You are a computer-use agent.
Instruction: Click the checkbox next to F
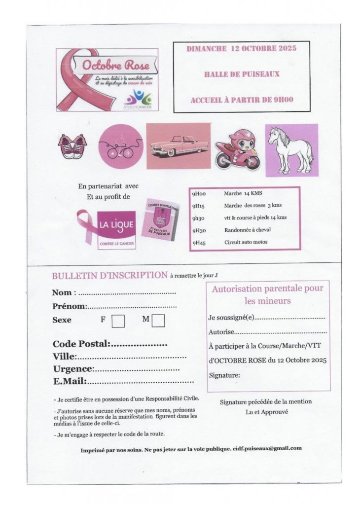tap(118, 321)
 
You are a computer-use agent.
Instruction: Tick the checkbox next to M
tap(158, 321)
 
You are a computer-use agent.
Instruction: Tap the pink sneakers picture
tap(72, 146)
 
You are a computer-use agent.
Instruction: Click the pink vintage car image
tap(179, 146)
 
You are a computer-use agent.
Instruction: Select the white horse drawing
tap(291, 150)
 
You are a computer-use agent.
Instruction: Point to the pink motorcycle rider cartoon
tap(238, 149)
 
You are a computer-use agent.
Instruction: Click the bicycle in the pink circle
tap(121, 146)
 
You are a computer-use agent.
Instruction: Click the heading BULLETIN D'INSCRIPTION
tap(109, 275)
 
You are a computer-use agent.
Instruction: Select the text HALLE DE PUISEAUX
tap(242, 74)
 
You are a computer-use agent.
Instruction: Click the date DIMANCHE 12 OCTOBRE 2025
tap(241, 48)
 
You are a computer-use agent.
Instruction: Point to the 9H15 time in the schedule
tap(199, 206)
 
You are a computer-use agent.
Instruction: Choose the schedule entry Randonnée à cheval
tap(247, 229)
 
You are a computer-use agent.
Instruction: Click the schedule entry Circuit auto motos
tap(246, 242)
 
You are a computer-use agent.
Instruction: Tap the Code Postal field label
tap(81, 344)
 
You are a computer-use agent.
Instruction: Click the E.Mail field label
tap(70, 381)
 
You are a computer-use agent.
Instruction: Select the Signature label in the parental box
tap(224, 375)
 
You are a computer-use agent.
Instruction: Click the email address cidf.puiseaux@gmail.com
tap(267, 448)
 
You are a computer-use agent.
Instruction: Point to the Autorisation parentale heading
tap(268, 294)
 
